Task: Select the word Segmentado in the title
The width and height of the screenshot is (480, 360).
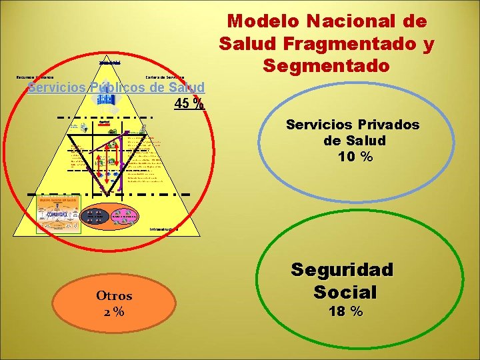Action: (x=326, y=66)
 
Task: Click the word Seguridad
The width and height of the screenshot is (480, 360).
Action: (x=342, y=271)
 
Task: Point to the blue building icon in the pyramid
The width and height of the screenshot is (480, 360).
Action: (x=106, y=99)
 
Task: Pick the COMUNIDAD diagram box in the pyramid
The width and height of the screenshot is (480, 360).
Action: (x=58, y=213)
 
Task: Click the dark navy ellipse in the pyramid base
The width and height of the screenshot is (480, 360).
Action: (x=95, y=215)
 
